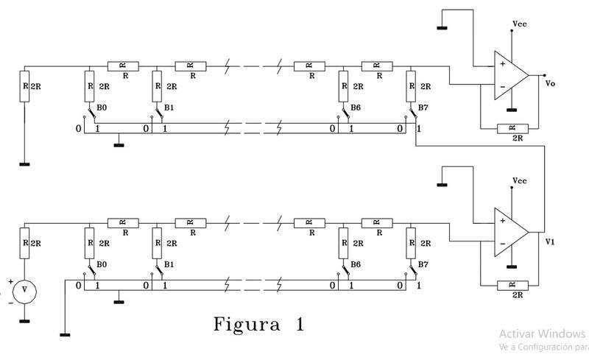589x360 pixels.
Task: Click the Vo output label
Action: point(551,83)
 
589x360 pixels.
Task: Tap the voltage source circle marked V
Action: point(24,291)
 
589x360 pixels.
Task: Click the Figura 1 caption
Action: point(258,323)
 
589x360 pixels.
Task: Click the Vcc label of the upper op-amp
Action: point(518,24)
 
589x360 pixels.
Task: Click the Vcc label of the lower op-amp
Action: point(518,180)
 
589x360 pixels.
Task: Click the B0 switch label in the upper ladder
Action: point(102,107)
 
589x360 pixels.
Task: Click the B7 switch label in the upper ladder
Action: point(423,107)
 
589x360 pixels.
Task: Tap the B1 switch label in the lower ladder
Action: point(169,263)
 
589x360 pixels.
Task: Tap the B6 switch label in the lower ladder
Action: point(356,263)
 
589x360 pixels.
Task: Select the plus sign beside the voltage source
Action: point(11,281)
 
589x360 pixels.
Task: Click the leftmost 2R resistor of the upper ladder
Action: point(24,86)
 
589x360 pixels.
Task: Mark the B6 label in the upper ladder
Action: point(356,107)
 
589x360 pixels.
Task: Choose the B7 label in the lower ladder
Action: point(423,263)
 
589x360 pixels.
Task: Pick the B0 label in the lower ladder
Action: point(102,263)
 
